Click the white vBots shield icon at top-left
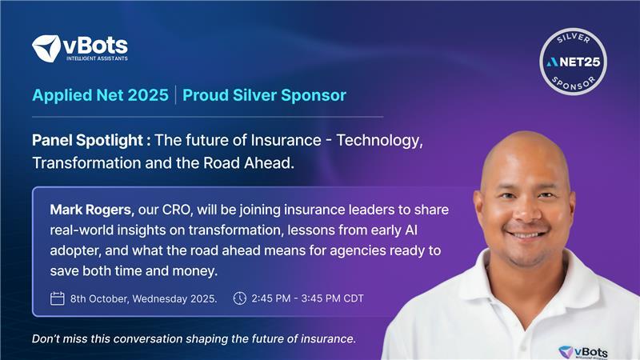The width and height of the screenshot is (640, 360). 46,48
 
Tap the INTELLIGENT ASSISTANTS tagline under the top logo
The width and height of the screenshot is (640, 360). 95,58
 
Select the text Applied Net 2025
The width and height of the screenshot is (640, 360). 100,95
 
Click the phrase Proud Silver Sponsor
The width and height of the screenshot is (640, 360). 264,95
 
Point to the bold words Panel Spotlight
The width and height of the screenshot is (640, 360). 90,141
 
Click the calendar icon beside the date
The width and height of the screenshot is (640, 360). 57,298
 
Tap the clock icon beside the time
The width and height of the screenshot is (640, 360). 239,298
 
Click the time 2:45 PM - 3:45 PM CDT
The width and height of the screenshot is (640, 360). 307,299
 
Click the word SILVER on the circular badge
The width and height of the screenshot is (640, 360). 573,37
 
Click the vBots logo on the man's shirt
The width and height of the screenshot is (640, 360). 588,350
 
